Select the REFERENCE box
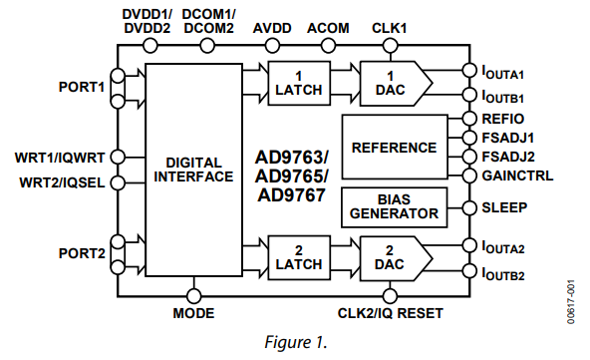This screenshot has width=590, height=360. click(x=395, y=148)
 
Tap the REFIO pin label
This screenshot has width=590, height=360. click(x=503, y=119)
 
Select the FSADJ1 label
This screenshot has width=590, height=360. click(x=508, y=138)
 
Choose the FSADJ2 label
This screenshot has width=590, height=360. click(x=508, y=157)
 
